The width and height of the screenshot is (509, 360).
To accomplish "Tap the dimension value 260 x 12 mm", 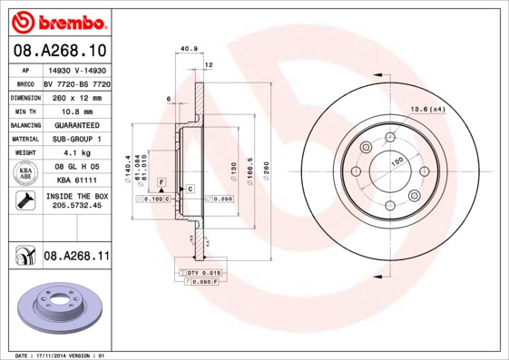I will pyautogui.click(x=76, y=96).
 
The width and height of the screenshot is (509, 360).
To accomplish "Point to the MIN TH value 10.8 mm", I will pyautogui.click(x=76, y=111).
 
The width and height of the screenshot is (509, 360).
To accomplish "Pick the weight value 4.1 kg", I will pyautogui.click(x=76, y=153).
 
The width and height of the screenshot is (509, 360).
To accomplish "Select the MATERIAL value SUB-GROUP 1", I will pyautogui.click(x=76, y=139).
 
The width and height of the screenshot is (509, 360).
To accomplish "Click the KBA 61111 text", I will pyautogui.click(x=76, y=181).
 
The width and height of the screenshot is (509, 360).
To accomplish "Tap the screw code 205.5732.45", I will pyautogui.click(x=76, y=206).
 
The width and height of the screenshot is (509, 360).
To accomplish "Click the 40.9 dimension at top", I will pyautogui.click(x=189, y=49).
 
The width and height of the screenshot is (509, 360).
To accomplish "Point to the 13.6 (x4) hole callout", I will pyautogui.click(x=427, y=110).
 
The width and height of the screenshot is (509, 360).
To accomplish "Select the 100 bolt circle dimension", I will pyautogui.click(x=396, y=161).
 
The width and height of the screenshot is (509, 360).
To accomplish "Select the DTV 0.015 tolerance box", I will pyautogui.click(x=204, y=272).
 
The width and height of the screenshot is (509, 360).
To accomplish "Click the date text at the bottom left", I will pyautogui.click(x=62, y=355).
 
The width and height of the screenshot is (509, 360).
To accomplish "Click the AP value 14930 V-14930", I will pyautogui.click(x=76, y=69).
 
